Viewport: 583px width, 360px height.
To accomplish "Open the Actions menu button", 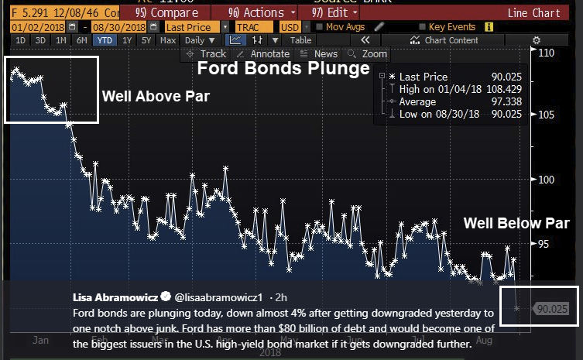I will (x=261, y=13).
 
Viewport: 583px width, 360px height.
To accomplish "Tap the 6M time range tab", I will (x=82, y=40).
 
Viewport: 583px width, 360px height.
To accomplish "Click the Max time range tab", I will (x=168, y=40).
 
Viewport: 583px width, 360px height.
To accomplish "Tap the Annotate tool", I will (x=263, y=54).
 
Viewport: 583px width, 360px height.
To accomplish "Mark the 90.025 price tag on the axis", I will (x=552, y=309).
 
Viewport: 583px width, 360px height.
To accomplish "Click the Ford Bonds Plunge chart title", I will (x=283, y=69).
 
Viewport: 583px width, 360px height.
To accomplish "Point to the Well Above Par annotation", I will (x=156, y=97).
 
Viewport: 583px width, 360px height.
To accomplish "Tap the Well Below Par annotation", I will (x=516, y=223).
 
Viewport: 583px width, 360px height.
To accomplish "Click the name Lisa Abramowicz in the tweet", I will (x=115, y=297).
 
